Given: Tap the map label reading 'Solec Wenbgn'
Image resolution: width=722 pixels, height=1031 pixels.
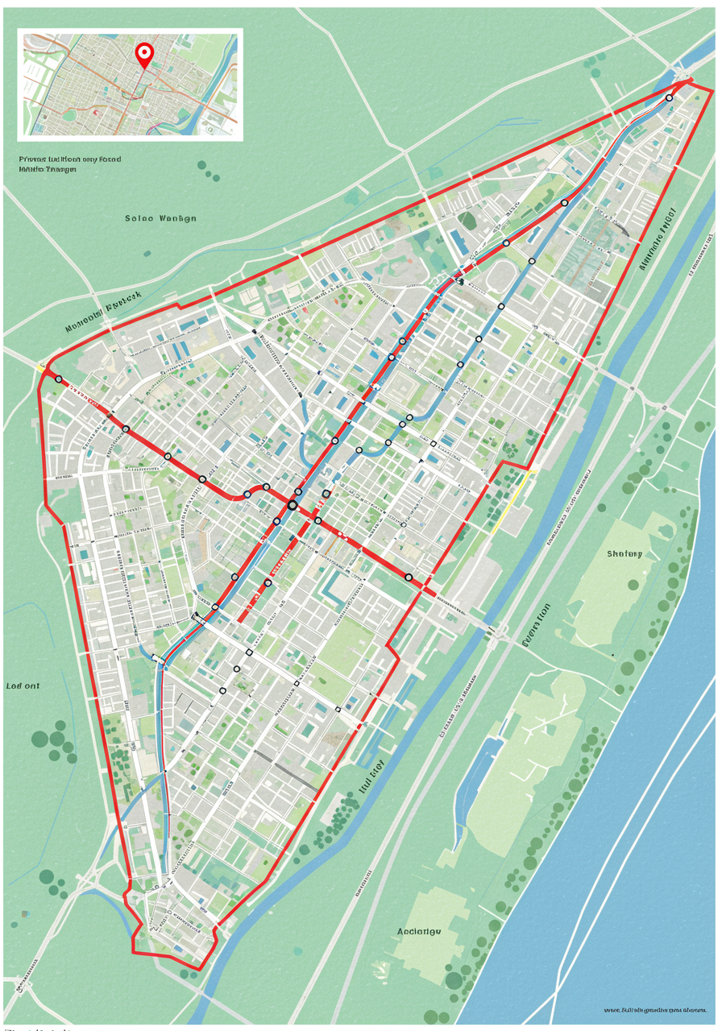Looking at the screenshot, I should pyautogui.click(x=160, y=218).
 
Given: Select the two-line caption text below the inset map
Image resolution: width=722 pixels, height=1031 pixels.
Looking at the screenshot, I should pyautogui.click(x=69, y=164).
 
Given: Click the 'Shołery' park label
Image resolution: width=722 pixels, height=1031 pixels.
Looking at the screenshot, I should pyautogui.click(x=624, y=554).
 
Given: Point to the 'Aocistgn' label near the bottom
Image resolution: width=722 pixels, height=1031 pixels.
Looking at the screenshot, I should pyautogui.click(x=419, y=932).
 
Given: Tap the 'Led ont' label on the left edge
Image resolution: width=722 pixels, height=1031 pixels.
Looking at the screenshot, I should pyautogui.click(x=23, y=686).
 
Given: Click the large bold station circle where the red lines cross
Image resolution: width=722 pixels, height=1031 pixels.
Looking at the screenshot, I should pyautogui.click(x=292, y=505).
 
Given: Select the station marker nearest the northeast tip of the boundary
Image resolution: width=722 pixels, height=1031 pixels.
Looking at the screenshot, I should pyautogui.click(x=669, y=97).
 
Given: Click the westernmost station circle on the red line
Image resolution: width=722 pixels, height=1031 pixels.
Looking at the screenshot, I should pyautogui.click(x=59, y=379).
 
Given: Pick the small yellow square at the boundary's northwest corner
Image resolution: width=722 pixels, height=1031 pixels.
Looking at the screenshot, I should pyautogui.click(x=39, y=367).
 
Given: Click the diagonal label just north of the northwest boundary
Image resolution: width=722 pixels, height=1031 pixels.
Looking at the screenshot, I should pyautogui.click(x=102, y=313).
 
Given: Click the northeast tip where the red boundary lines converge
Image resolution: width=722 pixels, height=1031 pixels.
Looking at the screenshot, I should pyautogui.click(x=689, y=80).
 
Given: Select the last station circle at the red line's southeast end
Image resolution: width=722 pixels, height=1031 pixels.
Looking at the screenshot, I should pyautogui.click(x=409, y=578).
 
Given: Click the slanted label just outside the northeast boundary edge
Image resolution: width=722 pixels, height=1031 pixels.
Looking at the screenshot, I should pyautogui.click(x=657, y=238).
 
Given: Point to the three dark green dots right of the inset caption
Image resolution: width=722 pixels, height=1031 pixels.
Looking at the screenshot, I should pyautogui.click(x=208, y=170).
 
